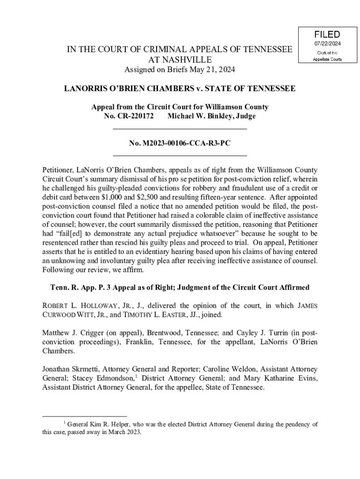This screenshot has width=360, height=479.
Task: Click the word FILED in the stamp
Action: (327, 34)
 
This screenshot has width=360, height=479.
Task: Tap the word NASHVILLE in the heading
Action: (180, 60)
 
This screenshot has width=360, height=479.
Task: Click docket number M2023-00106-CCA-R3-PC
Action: (180, 143)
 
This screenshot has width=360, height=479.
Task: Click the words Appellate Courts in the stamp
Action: (327, 59)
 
